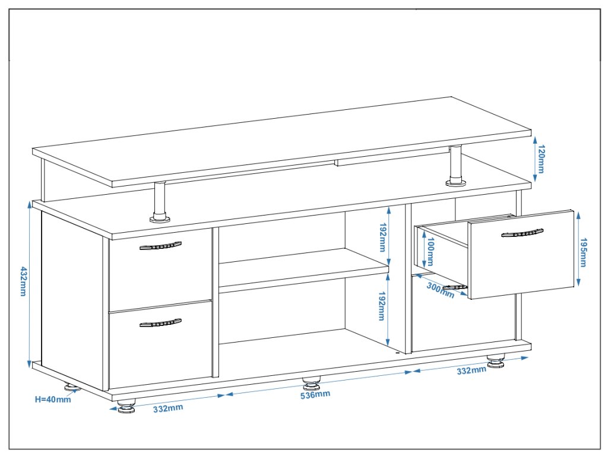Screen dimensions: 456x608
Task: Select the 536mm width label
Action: (x=315, y=394)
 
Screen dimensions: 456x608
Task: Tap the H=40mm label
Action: (x=52, y=399)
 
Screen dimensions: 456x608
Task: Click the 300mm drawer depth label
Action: (x=440, y=290)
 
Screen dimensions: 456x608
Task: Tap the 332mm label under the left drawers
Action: (x=168, y=408)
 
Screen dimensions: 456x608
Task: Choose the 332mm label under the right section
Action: (x=472, y=370)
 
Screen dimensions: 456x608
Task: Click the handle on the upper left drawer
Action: (x=160, y=246)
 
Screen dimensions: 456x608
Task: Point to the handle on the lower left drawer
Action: (x=160, y=323)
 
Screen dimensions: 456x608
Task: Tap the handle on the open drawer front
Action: (x=522, y=232)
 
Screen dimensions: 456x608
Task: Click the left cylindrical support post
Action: (x=160, y=202)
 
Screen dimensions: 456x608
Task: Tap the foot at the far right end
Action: (x=496, y=360)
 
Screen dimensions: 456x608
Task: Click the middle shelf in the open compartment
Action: (x=303, y=270)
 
